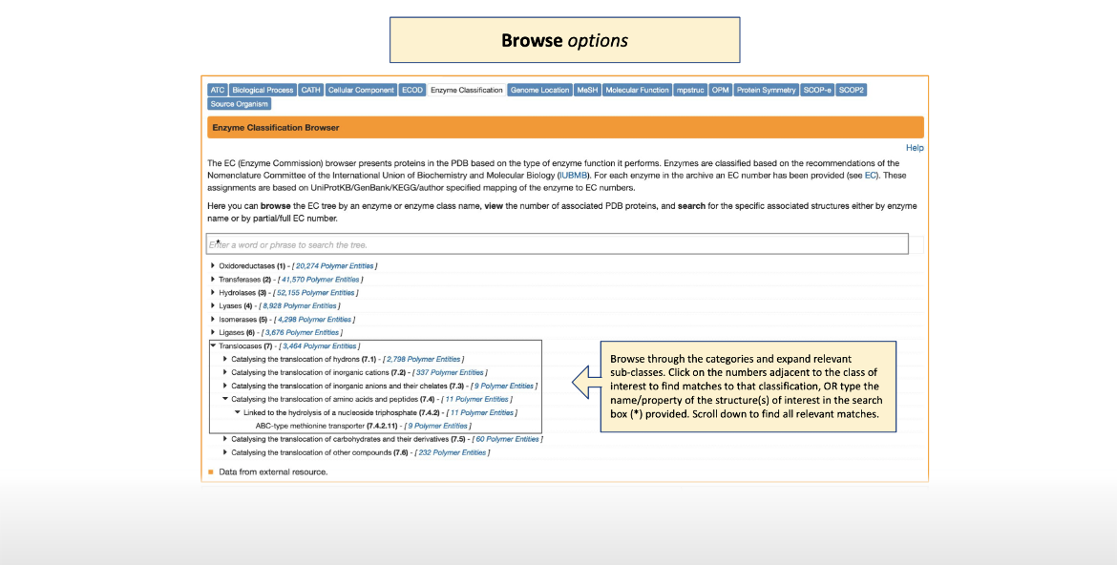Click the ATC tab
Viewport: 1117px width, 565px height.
[218, 90]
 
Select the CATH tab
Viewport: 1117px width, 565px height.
[310, 90]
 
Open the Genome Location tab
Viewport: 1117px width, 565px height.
[539, 90]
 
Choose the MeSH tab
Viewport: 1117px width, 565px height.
[587, 90]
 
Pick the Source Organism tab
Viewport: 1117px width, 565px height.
[240, 103]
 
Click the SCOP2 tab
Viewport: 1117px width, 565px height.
[852, 90]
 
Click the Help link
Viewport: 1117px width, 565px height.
[915, 148]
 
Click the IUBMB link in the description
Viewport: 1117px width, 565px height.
[573, 176]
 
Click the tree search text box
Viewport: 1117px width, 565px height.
[557, 244]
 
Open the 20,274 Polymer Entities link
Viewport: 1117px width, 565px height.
[334, 265]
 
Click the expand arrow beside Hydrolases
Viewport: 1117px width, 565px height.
[212, 292]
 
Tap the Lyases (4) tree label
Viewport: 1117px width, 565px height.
[235, 305]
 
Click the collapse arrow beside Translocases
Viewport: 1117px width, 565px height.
[212, 345]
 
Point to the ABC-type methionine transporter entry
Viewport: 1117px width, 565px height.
[320, 426]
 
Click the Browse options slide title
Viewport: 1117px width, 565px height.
[564, 40]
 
